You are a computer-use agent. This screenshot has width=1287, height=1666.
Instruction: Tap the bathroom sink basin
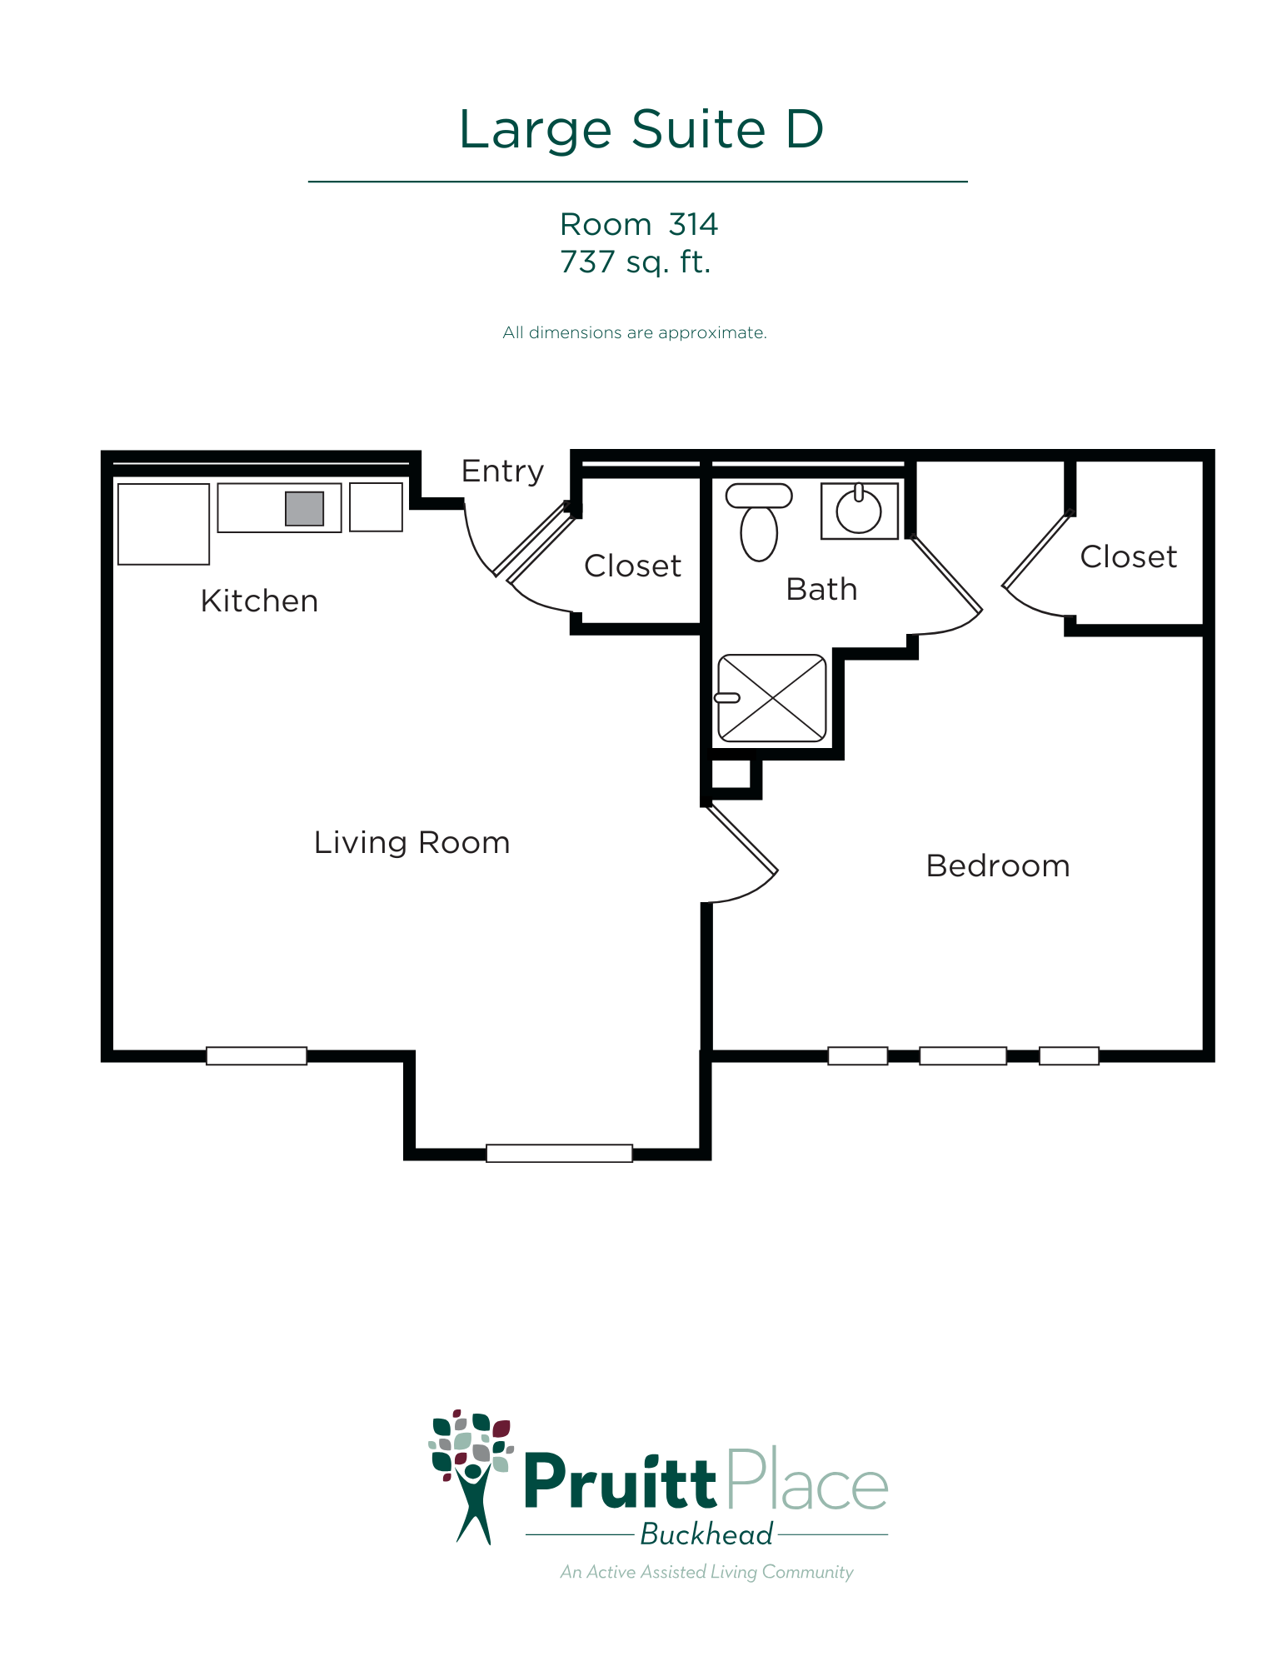tap(859, 511)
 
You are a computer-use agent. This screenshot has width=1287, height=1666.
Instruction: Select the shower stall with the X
tap(772, 698)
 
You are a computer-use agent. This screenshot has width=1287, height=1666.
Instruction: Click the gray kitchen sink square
tap(304, 508)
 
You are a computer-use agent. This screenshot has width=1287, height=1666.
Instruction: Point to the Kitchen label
tap(259, 601)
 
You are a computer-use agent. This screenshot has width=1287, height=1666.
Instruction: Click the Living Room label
tap(412, 843)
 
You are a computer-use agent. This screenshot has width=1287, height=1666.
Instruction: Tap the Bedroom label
tap(998, 866)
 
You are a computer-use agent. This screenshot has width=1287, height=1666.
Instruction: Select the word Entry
tap(502, 472)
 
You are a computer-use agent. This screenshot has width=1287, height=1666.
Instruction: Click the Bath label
tap(821, 589)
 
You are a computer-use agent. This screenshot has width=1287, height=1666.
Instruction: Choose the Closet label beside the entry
tap(632, 566)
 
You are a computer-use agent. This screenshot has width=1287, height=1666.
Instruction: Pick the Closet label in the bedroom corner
tap(1129, 556)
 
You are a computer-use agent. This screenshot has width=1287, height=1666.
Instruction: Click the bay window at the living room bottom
tap(559, 1153)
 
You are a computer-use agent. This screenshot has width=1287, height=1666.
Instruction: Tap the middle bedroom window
tap(963, 1056)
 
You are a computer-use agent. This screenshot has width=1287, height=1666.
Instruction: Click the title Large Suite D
tap(641, 130)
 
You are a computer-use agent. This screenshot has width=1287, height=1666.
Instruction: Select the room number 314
tap(693, 224)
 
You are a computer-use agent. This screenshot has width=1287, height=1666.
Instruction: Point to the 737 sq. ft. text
tap(635, 262)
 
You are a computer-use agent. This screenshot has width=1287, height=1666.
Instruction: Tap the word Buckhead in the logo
tap(706, 1534)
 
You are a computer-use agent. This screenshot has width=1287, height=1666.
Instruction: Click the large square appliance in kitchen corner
tap(163, 524)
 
